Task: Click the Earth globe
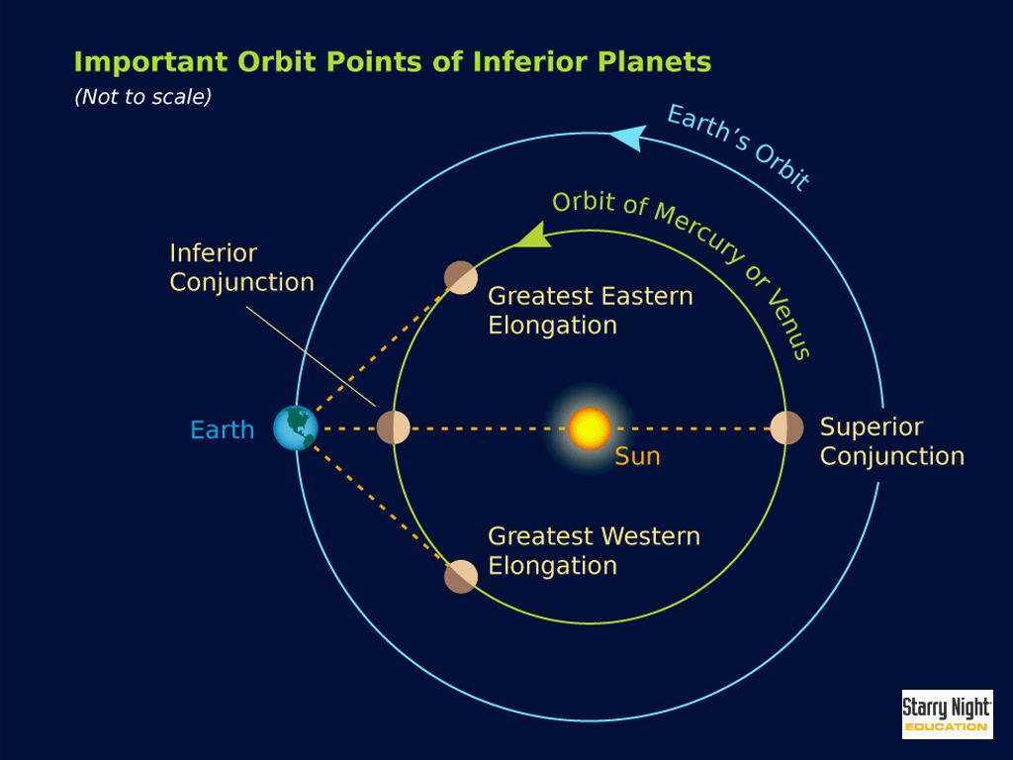pyautogui.click(x=296, y=427)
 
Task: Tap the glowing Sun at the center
pyautogui.click(x=590, y=428)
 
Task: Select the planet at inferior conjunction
pyautogui.click(x=394, y=427)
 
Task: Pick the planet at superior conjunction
pyautogui.click(x=786, y=427)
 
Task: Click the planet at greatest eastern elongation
pyautogui.click(x=461, y=278)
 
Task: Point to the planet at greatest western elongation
pyautogui.click(x=461, y=577)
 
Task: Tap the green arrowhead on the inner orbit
pyautogui.click(x=534, y=236)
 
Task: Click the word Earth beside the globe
pyautogui.click(x=223, y=429)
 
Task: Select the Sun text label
pyautogui.click(x=637, y=456)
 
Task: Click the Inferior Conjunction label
pyautogui.click(x=241, y=267)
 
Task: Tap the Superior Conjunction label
pyautogui.click(x=891, y=441)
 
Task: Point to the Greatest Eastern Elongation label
pyautogui.click(x=590, y=310)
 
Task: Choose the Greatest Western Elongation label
pyautogui.click(x=594, y=550)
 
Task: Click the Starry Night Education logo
pyautogui.click(x=947, y=714)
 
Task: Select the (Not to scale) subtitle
pyautogui.click(x=142, y=97)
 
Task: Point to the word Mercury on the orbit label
pyautogui.click(x=699, y=232)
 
